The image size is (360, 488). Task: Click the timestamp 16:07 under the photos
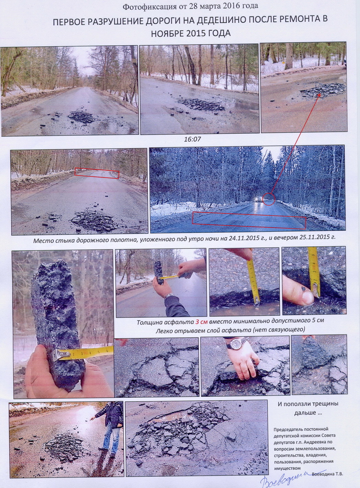tap(192, 139)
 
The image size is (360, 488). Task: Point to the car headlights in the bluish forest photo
tap(258, 199)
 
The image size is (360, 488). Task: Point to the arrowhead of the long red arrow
tap(319, 95)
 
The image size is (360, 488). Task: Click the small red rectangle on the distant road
tap(97, 173)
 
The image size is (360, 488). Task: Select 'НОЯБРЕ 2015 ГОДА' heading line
tap(191, 33)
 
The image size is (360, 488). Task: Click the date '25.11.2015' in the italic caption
tap(311, 237)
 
